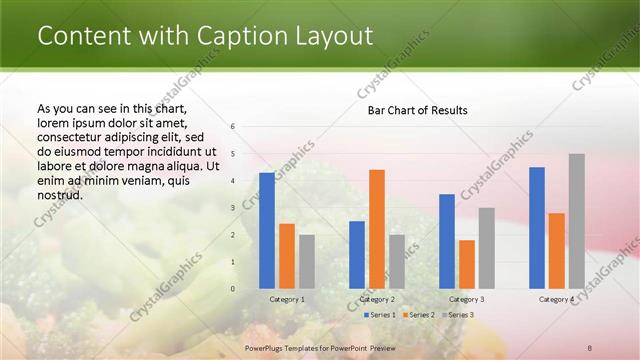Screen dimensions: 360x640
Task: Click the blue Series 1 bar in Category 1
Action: pyautogui.click(x=267, y=231)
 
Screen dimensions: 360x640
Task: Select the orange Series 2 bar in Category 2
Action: pyautogui.click(x=377, y=229)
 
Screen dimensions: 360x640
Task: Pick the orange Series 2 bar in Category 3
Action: pyautogui.click(x=467, y=264)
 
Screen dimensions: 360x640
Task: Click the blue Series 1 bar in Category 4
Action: pyautogui.click(x=537, y=228)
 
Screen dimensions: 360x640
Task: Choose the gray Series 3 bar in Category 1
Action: pyautogui.click(x=307, y=262)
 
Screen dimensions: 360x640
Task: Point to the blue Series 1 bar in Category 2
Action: pyautogui.click(x=357, y=255)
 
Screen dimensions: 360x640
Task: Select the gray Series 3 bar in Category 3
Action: pyautogui.click(x=487, y=248)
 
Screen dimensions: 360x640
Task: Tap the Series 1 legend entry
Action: pyautogui.click(x=379, y=315)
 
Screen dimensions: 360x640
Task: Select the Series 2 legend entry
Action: pyautogui.click(x=418, y=315)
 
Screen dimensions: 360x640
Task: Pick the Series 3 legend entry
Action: pyautogui.click(x=457, y=315)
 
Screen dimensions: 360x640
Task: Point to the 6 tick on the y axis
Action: pyautogui.click(x=232, y=127)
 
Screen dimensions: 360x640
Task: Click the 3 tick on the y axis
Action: pyautogui.click(x=232, y=208)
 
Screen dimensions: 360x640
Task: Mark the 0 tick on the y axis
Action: pyautogui.click(x=232, y=289)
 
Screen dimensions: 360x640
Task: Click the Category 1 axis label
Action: pyautogui.click(x=287, y=299)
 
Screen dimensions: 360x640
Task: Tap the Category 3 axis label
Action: pyautogui.click(x=467, y=299)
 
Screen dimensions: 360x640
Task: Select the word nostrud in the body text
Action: pyautogui.click(x=59, y=195)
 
